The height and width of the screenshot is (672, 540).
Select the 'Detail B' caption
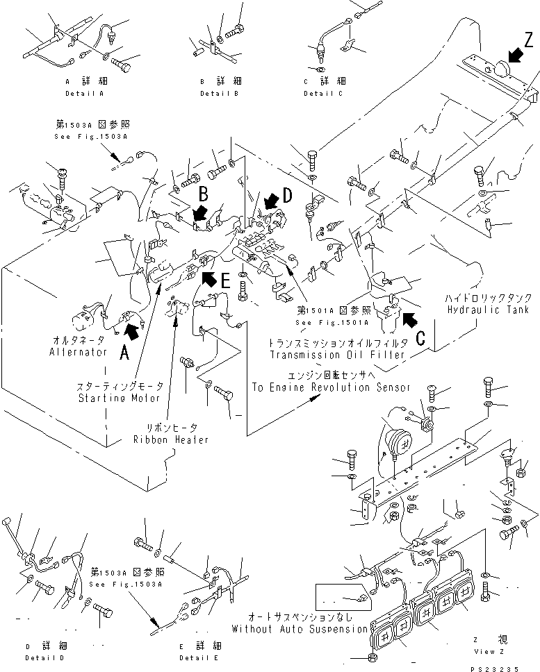coord(220,93)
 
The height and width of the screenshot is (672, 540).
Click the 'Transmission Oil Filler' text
coord(338,355)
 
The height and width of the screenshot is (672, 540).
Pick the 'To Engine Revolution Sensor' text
coord(330,387)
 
